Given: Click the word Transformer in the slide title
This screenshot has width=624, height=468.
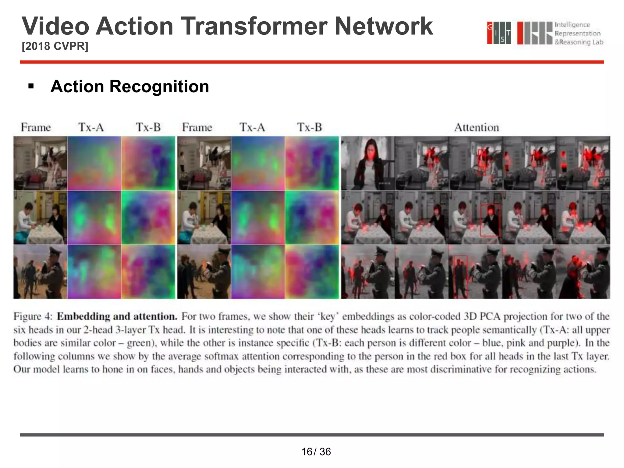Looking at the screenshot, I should coord(254,26).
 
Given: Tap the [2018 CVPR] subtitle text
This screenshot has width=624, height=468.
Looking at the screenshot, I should coord(55,46).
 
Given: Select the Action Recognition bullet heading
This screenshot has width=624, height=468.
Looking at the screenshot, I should coord(130,87).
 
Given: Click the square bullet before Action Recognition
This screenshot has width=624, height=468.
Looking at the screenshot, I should coord(31,87).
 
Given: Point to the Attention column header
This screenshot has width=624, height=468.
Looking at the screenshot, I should coord(477,127).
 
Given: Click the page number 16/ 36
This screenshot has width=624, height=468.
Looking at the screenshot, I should coord(316,452).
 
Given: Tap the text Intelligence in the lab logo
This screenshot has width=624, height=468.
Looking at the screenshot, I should coord(572,25).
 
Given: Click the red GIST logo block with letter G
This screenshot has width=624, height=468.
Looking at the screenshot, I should coord(490,33).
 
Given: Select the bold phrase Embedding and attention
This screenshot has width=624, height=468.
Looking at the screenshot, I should coord(117,317).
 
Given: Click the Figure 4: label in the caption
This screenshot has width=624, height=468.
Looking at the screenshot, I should coord(33,317).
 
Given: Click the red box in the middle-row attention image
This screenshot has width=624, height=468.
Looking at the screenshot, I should coord(490,220).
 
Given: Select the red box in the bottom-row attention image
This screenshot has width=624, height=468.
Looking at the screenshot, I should coord(460,276).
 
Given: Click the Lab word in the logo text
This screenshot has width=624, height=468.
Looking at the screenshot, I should coord(597,42).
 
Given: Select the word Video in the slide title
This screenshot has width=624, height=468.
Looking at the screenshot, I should coord(55,26).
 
